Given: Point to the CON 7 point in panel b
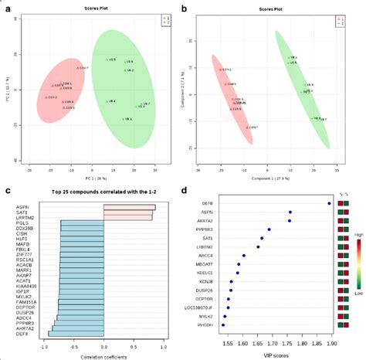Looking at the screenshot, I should click(x=248, y=127).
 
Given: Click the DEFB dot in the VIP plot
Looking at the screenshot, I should click(x=329, y=204).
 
